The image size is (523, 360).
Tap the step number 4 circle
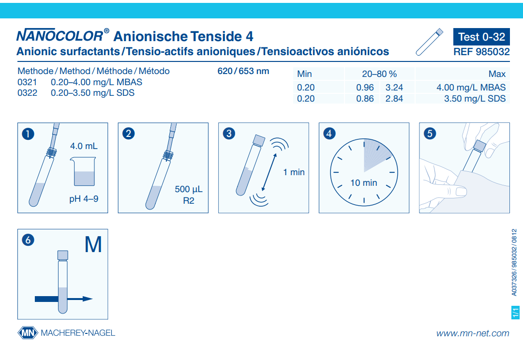(329, 134)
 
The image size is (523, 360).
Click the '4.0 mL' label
(84, 146)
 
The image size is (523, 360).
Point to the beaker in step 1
(84, 173)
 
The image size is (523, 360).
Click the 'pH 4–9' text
(84, 198)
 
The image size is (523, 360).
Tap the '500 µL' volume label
(188, 189)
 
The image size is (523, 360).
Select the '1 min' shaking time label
(294, 172)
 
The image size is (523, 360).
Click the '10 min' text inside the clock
(363, 183)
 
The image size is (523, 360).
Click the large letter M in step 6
(93, 245)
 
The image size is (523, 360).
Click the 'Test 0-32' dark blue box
(481, 37)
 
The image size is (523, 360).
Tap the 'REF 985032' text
(481, 52)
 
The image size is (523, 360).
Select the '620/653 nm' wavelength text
(243, 71)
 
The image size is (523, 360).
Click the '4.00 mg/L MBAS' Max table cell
(471, 88)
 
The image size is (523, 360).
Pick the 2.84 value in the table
(394, 99)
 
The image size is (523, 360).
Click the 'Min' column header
(304, 74)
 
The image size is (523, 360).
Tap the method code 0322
(27, 93)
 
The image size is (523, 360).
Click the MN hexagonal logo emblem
(28, 333)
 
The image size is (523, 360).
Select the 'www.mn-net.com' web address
(472, 333)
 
